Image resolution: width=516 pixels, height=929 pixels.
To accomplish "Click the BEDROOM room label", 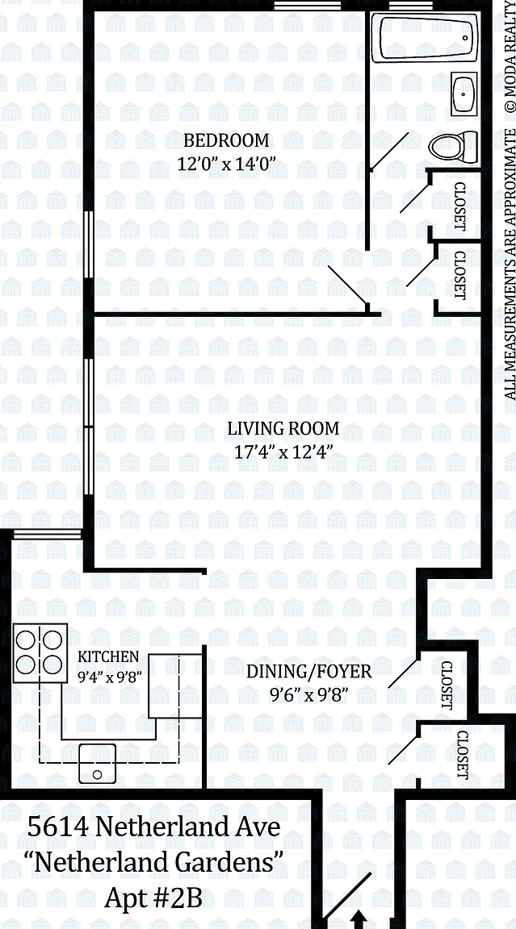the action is tap(226, 141).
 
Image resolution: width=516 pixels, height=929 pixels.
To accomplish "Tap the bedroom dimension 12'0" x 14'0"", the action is tap(228, 164).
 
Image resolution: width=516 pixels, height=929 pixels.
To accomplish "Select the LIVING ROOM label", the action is tap(283, 428).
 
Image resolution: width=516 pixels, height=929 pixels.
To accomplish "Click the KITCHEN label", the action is tap(108, 656).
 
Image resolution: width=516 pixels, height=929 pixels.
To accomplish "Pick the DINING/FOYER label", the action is tap(309, 672).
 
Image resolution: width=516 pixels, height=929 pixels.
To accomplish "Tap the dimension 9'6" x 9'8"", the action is tap(308, 694).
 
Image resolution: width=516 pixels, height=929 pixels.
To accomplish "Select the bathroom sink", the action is tap(464, 94).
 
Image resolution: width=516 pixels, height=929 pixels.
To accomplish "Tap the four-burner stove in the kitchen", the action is tap(39, 652).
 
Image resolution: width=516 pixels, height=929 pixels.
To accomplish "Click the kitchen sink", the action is tap(97, 763).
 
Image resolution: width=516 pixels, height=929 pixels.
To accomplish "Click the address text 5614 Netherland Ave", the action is tap(153, 826).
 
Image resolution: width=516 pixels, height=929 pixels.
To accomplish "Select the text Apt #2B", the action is tap(153, 898).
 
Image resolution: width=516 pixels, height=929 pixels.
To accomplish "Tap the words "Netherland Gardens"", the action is tap(156, 862).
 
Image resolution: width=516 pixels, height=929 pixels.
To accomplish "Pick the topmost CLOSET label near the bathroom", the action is tap(459, 206).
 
